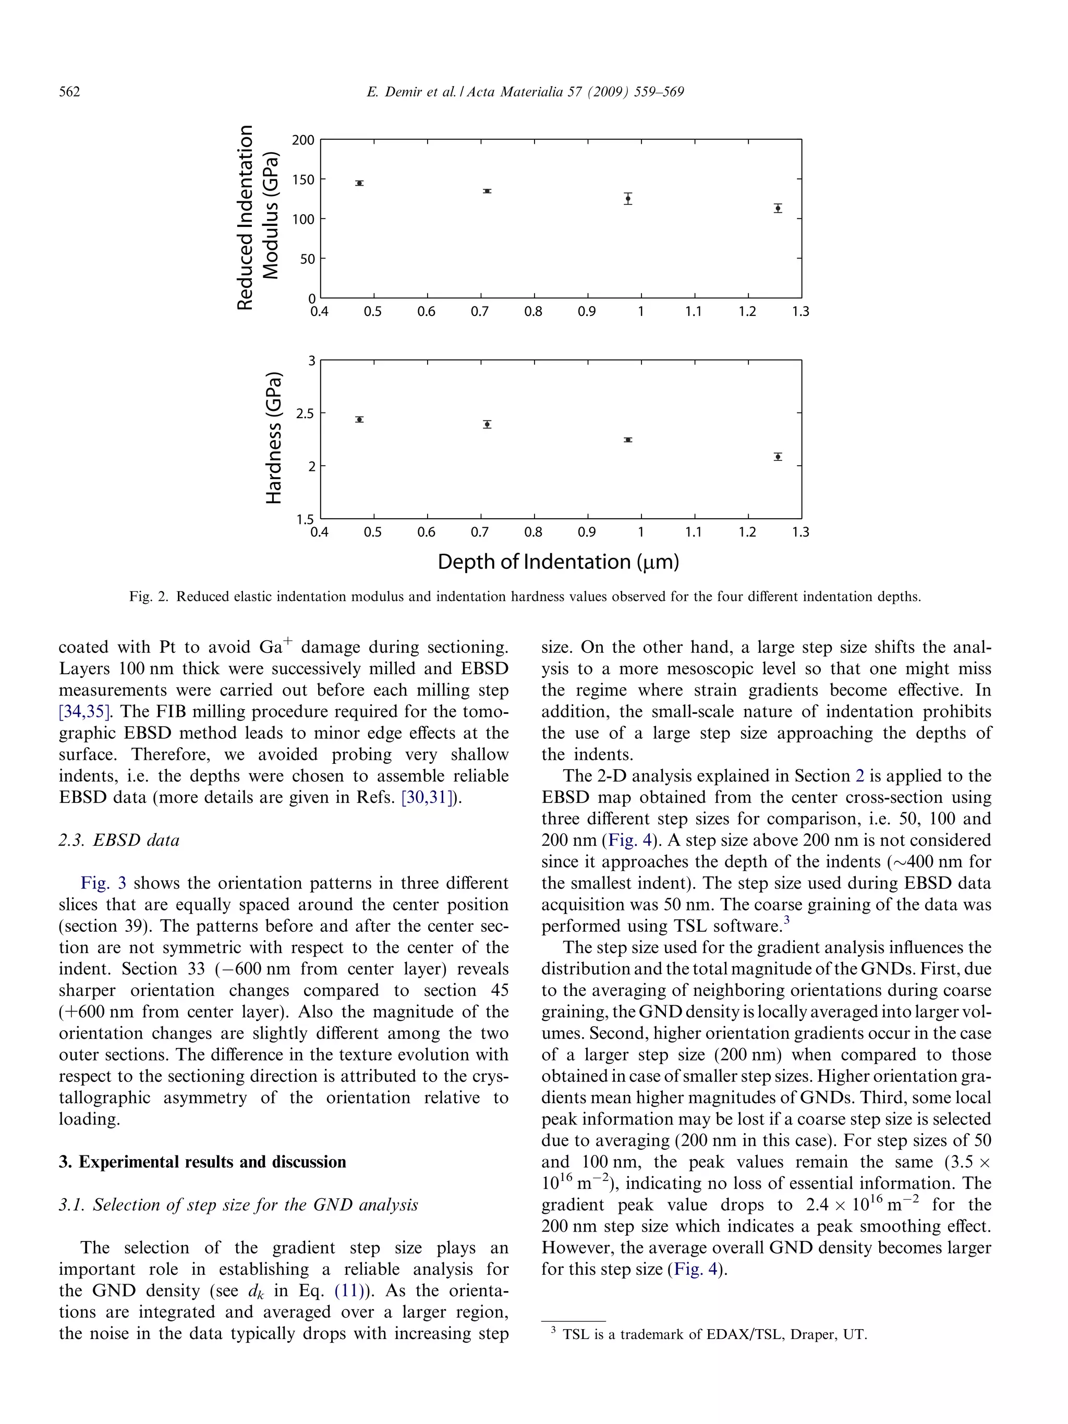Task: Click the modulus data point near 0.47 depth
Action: [x=359, y=184]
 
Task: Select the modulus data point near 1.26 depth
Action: [x=778, y=208]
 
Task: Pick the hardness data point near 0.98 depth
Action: [x=628, y=440]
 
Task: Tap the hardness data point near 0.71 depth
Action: [x=488, y=424]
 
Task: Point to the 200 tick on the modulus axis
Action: [x=303, y=140]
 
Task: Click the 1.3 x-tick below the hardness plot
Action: [x=800, y=532]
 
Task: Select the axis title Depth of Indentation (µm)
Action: [x=558, y=562]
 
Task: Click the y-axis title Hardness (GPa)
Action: [x=274, y=438]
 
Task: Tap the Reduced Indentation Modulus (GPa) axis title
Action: [x=258, y=217]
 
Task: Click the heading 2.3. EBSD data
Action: [x=119, y=841]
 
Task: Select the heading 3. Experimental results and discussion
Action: [x=202, y=1162]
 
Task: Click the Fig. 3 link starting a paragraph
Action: [x=103, y=883]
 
